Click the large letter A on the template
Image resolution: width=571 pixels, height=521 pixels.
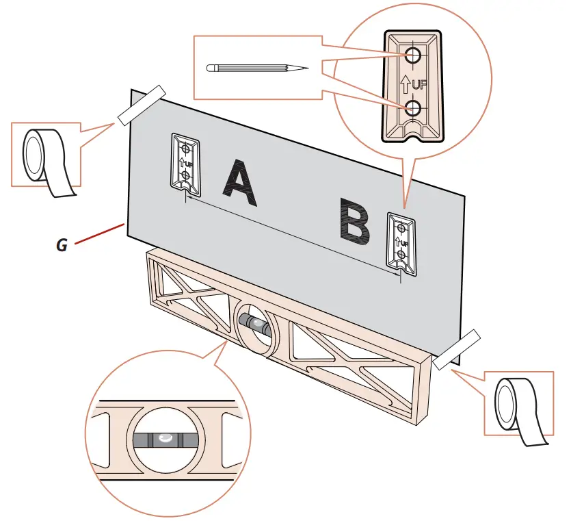click(241, 183)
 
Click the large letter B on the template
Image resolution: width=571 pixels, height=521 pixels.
click(354, 223)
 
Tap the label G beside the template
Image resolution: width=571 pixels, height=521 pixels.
click(62, 244)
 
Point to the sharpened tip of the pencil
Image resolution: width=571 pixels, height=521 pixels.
click(306, 68)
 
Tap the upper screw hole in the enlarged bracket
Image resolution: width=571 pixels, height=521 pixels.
click(413, 55)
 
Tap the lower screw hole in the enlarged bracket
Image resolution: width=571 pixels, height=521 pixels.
click(413, 107)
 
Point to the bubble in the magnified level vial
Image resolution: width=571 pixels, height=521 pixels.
click(165, 437)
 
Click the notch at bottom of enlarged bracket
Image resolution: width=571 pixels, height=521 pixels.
click(412, 133)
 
